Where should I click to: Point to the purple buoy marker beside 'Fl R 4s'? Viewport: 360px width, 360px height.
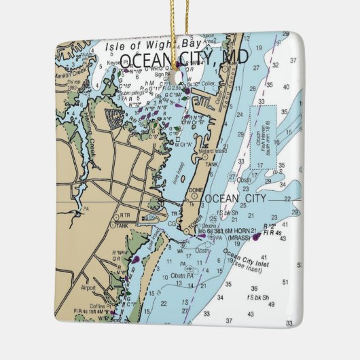pyautogui.click(x=258, y=237)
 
